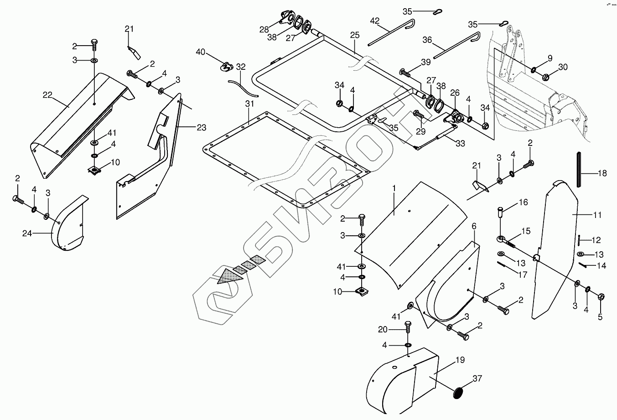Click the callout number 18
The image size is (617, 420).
coord(602,173)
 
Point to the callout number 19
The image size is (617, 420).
coord(460,360)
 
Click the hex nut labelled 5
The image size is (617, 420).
coord(601,297)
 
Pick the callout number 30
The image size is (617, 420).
coord(563,67)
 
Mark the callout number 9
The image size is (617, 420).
coord(550,58)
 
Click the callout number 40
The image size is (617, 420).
coord(201,52)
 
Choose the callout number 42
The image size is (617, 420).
coord(374,21)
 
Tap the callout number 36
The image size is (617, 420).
coord(427,40)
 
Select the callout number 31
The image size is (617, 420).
coord(249,104)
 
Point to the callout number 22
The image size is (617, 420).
coord(48,95)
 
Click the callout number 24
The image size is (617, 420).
coord(28,233)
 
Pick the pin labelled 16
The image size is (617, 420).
coord(501,212)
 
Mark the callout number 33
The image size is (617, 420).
coord(460,144)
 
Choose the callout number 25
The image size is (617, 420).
coord(355,35)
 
